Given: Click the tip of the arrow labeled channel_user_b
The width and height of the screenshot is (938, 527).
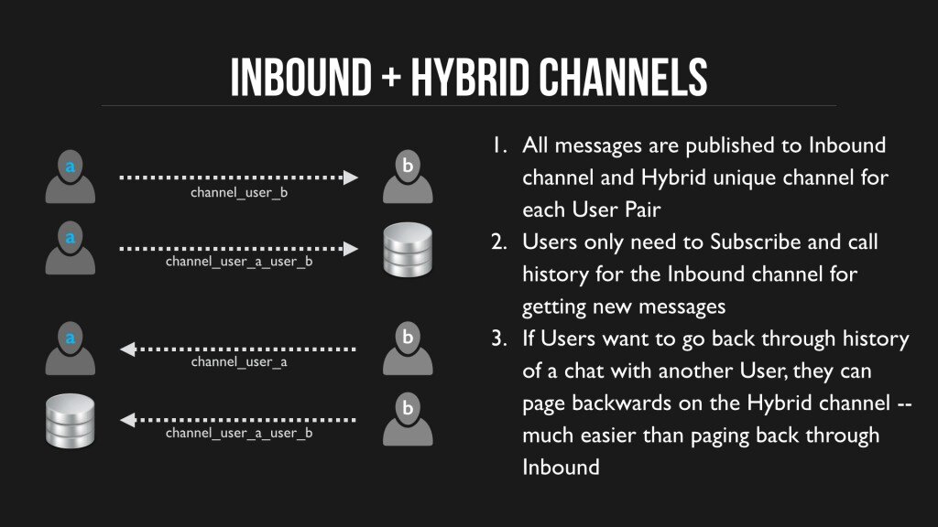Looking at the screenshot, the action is [358, 177].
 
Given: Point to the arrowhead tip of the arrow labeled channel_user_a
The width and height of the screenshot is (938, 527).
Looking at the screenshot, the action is [120, 350].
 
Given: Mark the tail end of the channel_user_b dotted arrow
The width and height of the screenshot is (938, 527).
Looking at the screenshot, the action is [120, 177].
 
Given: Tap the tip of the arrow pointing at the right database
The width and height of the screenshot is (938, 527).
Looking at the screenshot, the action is [358, 249].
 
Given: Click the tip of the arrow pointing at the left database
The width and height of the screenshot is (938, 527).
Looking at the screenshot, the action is [120, 421].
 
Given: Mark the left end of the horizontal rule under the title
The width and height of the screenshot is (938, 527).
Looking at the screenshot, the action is [102, 106].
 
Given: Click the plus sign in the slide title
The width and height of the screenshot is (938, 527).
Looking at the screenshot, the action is [391, 78].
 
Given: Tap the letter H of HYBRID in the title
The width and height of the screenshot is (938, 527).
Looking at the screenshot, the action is [421, 77].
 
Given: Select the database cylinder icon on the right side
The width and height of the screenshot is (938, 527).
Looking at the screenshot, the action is [408, 250].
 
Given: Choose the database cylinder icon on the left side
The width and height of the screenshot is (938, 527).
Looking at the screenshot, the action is [70, 421].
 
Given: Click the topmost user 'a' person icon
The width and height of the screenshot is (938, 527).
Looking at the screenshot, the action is [70, 177].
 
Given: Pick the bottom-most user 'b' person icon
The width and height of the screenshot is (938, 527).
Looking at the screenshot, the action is [408, 419].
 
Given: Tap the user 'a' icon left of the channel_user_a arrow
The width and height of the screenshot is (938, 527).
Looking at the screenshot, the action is [70, 349].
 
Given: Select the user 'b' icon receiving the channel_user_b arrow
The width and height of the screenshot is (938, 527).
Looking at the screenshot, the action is [408, 177].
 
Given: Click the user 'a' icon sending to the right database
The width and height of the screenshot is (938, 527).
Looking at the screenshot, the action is [70, 247].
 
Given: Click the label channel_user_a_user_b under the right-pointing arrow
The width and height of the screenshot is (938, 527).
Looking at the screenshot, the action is [239, 262].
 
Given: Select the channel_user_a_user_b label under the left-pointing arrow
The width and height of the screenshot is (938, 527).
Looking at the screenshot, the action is [239, 433].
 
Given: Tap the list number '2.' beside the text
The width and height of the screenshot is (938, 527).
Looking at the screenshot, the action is [499, 242].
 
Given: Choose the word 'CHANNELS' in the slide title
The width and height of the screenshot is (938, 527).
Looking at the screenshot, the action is [622, 77].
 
